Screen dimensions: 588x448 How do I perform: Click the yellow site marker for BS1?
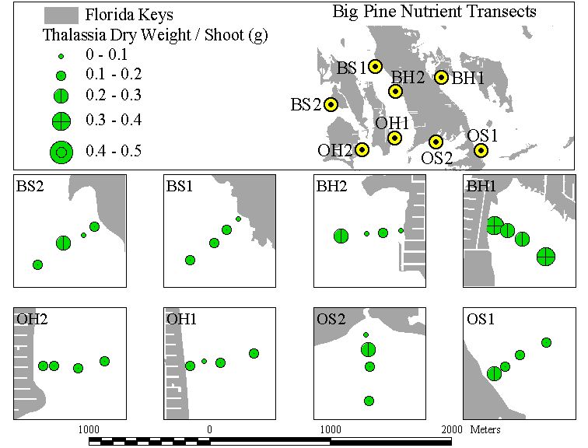[x=375, y=66]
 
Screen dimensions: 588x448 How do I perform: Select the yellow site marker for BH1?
[x=442, y=77]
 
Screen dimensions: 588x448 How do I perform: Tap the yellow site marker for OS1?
[x=481, y=150]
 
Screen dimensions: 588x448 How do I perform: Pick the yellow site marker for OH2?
[x=362, y=150]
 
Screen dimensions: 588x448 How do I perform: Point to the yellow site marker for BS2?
[x=331, y=105]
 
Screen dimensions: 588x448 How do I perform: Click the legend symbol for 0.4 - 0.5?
[x=61, y=152]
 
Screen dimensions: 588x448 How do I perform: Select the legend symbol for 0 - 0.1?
[x=61, y=56]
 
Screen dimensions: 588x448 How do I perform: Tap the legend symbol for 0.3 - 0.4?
[x=61, y=121]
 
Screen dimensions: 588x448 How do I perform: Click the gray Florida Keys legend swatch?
[x=61, y=16]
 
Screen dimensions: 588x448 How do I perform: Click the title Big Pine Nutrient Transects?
[x=434, y=11]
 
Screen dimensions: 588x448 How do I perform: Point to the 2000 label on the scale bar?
[x=451, y=429]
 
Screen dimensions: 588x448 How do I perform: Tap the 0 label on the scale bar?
[x=210, y=429]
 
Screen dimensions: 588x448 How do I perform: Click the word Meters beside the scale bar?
[x=485, y=429]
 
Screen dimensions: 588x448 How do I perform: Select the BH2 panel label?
[x=331, y=186]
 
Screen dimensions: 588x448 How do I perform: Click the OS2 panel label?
[x=331, y=319]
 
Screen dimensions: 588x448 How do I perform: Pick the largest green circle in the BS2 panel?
[x=63, y=243]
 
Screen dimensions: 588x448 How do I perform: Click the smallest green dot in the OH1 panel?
[x=204, y=361]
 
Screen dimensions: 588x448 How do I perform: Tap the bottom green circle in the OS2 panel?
[x=369, y=401]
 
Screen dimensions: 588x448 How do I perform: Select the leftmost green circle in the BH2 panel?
[x=341, y=236]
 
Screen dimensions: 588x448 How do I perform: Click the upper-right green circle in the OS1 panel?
[x=546, y=342]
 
